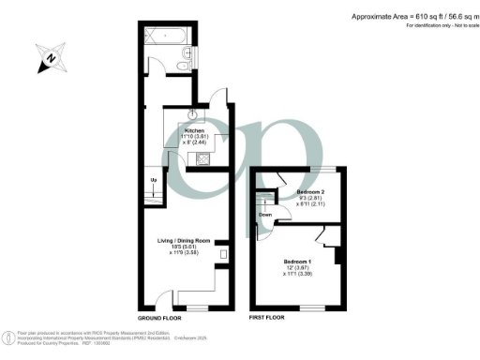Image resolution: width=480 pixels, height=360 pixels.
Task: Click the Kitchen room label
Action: click(194, 130)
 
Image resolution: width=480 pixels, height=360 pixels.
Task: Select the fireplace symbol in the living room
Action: click(222, 254)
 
